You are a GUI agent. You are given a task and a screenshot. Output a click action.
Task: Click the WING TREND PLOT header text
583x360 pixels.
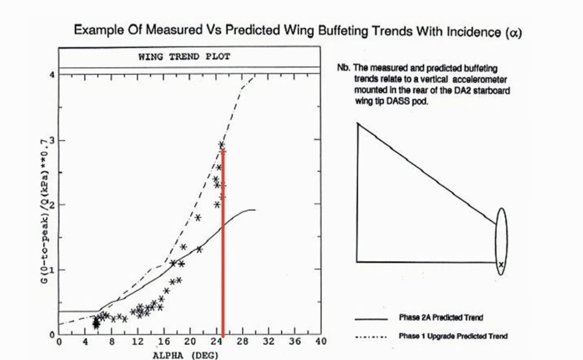184,57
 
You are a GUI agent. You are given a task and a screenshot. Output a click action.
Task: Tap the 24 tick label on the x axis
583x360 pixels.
216,341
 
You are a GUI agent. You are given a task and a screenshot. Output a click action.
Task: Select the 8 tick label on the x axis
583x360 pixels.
111,341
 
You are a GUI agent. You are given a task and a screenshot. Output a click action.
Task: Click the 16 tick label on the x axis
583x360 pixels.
164,341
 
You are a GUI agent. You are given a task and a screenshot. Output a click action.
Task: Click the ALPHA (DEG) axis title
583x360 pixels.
186,355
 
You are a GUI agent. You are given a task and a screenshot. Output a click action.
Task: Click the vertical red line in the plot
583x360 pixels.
223,247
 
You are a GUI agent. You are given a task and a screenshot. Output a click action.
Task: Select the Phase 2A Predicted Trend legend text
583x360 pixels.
440,318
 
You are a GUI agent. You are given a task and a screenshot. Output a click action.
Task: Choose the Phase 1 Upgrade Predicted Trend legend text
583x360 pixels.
452,336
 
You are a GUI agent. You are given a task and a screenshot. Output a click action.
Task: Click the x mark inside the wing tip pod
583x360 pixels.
501,264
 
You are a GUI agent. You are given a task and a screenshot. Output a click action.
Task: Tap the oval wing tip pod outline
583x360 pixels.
500,210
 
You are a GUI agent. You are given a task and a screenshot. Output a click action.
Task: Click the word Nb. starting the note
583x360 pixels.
343,68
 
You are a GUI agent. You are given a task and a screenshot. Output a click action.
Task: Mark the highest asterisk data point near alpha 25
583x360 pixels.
221,145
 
